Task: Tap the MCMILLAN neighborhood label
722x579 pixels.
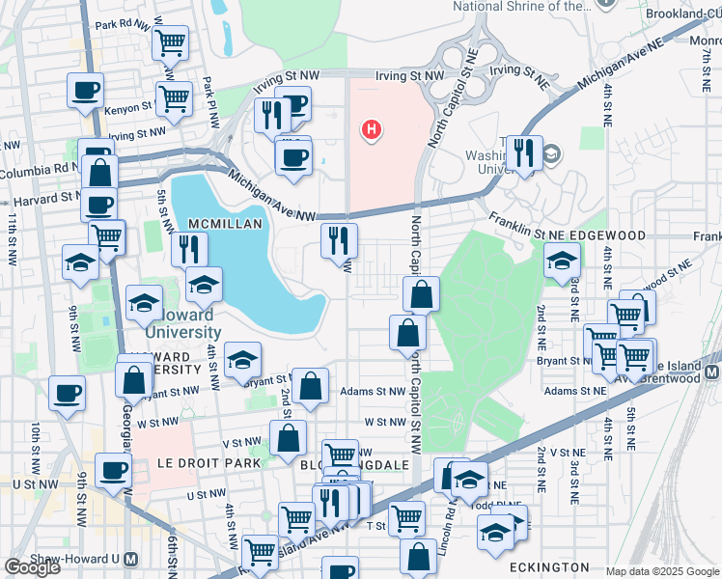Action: click(x=226, y=223)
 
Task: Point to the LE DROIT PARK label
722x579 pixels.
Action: click(x=208, y=463)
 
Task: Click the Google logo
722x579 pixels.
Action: click(x=32, y=567)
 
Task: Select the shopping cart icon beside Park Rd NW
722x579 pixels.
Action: click(x=170, y=43)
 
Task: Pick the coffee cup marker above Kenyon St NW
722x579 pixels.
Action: click(x=85, y=92)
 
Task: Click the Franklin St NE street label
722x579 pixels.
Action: click(x=524, y=227)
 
